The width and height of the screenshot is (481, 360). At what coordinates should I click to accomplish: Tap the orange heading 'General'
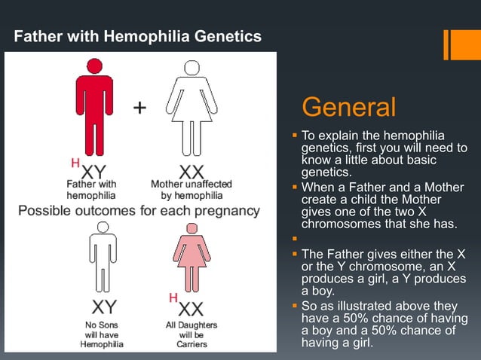click(x=348, y=107)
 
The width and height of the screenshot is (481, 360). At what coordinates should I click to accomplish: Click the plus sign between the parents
click(x=140, y=108)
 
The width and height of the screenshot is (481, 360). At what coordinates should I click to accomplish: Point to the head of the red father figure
click(x=93, y=66)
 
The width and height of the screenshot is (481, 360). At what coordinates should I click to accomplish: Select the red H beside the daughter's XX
click(x=173, y=298)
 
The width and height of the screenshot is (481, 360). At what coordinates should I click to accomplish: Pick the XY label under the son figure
click(x=103, y=308)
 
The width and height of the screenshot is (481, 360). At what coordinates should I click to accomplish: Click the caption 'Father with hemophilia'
click(x=91, y=188)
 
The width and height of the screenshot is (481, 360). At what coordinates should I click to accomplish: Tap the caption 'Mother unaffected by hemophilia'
click(x=191, y=188)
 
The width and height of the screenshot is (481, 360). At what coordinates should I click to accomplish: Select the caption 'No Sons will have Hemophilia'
click(x=101, y=334)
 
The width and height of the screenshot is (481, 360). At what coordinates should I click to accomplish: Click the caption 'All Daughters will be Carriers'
click(x=191, y=334)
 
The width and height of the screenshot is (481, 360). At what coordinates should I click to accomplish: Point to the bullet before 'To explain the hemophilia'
click(x=295, y=136)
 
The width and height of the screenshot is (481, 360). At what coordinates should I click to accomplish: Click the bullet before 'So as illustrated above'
click(x=295, y=307)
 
